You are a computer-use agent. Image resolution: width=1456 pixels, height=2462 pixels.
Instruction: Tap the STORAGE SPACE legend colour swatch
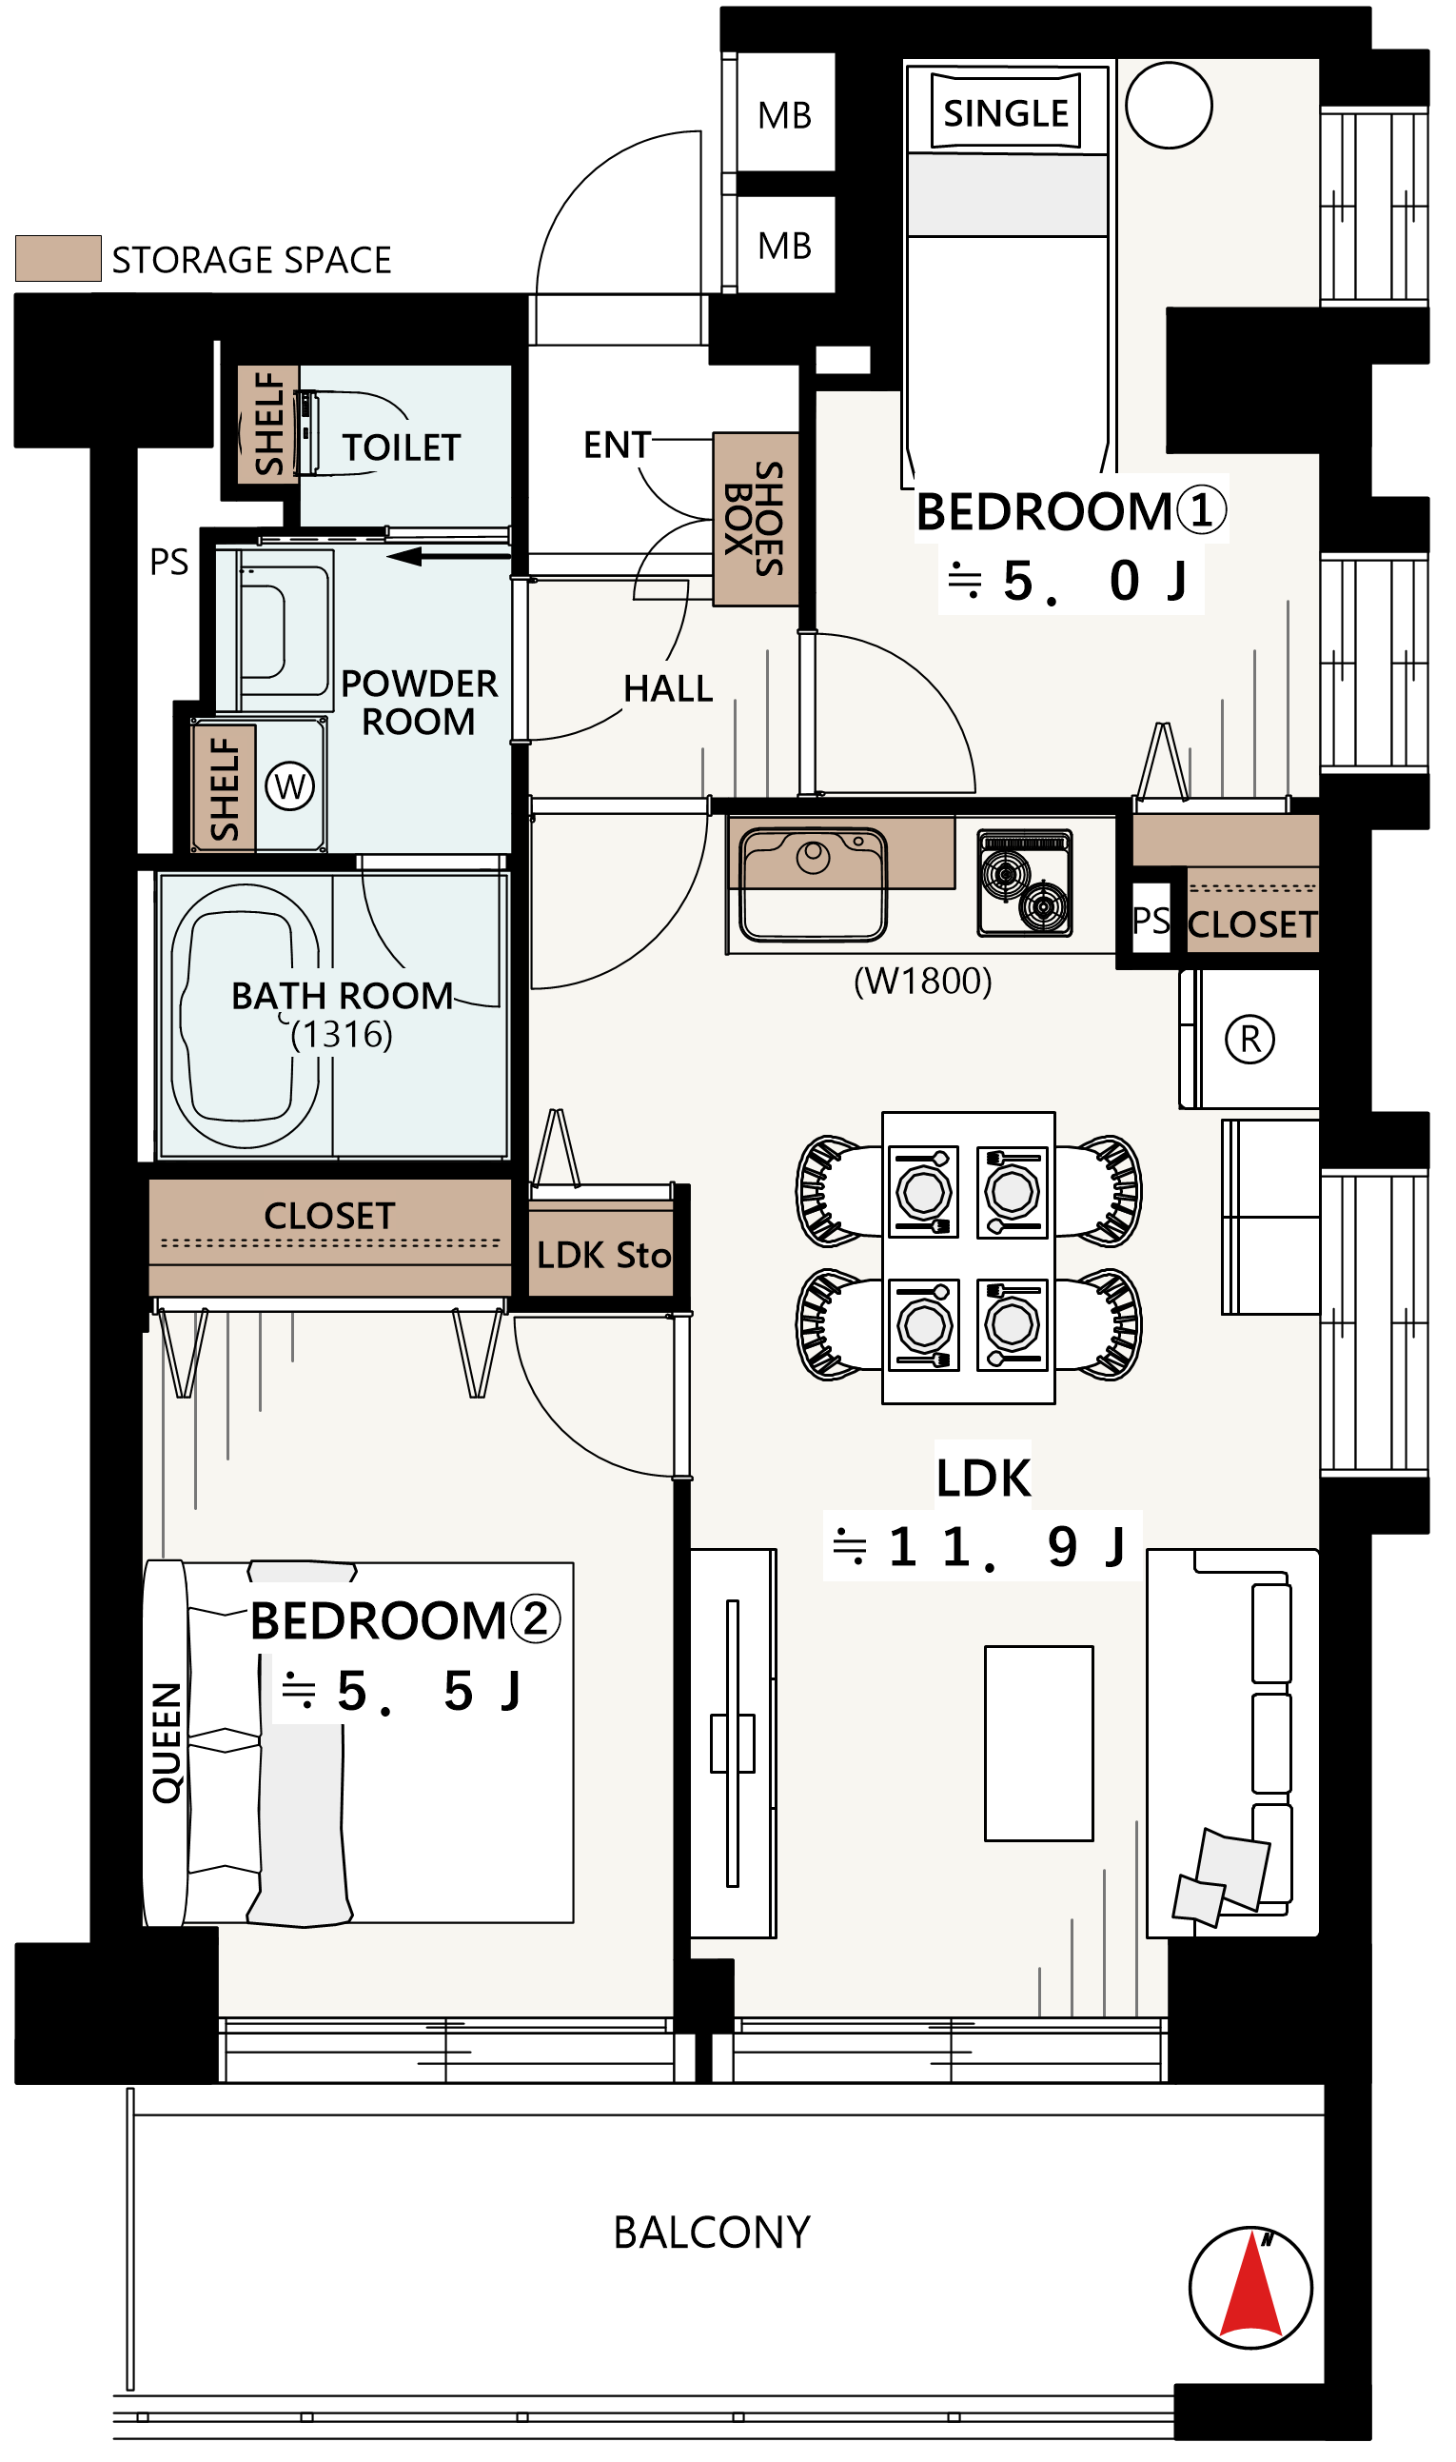(59, 259)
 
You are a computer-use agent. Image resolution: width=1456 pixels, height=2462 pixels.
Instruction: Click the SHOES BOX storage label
(757, 520)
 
